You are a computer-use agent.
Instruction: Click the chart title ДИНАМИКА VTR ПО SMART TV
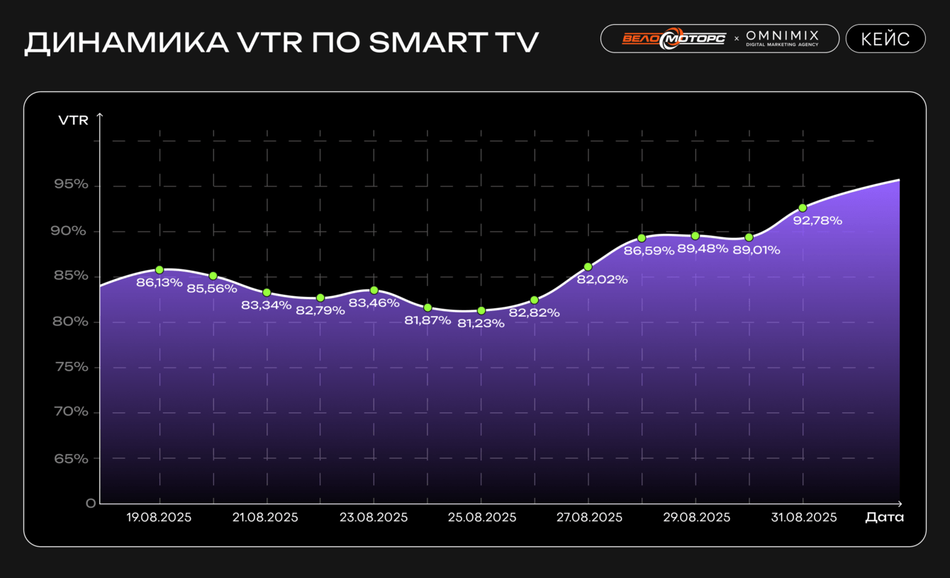(x=281, y=42)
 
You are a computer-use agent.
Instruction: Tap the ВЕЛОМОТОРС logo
(x=673, y=38)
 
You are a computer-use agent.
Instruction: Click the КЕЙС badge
(x=885, y=39)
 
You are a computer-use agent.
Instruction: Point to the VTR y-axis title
(x=74, y=120)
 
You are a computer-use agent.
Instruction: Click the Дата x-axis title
(x=884, y=517)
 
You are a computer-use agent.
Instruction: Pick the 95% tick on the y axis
(x=71, y=185)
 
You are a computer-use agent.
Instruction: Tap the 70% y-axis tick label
(x=71, y=412)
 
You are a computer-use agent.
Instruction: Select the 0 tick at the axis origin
(x=90, y=504)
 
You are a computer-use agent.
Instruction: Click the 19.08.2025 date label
(x=159, y=518)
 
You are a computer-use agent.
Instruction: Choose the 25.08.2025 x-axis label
(x=481, y=518)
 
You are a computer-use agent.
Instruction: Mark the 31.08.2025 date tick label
(x=803, y=518)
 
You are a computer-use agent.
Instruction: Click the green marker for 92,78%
(x=803, y=208)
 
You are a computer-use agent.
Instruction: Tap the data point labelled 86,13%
(x=160, y=270)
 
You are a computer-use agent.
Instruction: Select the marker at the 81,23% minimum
(x=481, y=310)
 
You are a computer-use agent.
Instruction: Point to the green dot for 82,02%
(x=588, y=266)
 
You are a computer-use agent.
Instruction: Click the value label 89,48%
(x=703, y=249)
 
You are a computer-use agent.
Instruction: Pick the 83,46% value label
(x=374, y=303)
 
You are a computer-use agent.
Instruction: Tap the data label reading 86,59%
(x=649, y=250)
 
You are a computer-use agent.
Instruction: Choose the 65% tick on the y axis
(x=71, y=458)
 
